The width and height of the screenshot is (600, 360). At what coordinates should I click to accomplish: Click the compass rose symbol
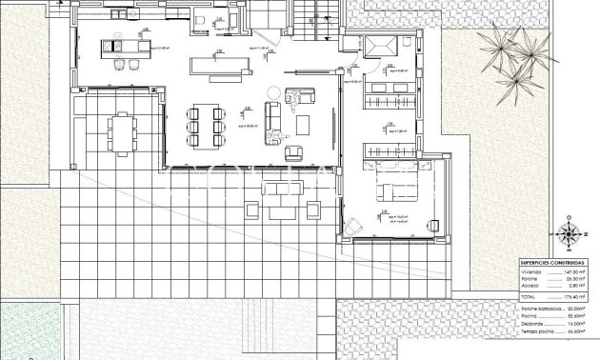click(570, 232)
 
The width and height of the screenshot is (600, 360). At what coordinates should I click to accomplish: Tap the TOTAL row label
click(528, 297)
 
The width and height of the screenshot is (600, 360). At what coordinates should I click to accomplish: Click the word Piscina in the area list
click(529, 316)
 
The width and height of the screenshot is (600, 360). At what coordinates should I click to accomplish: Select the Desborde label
click(531, 324)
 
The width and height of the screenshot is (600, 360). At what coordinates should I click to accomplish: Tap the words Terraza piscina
click(537, 331)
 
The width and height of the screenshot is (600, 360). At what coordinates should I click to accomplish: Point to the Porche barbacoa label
click(539, 309)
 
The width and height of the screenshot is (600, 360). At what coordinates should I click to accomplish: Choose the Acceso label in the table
click(529, 285)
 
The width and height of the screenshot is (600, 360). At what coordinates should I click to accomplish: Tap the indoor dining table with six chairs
click(207, 126)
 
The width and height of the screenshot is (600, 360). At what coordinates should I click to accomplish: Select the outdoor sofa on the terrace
click(284, 190)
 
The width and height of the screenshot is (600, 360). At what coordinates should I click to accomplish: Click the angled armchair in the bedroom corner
click(352, 226)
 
